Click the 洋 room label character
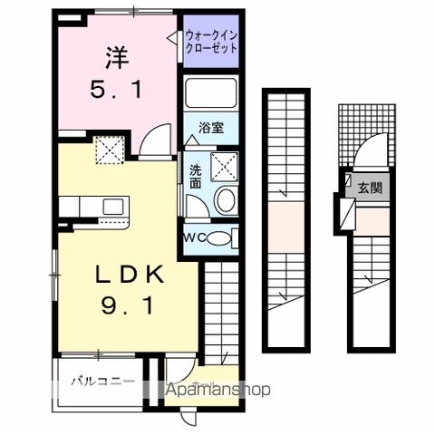116,58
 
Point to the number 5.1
115,90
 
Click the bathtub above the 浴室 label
211,95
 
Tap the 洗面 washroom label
196,175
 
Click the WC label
196,237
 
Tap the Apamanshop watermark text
217,390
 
